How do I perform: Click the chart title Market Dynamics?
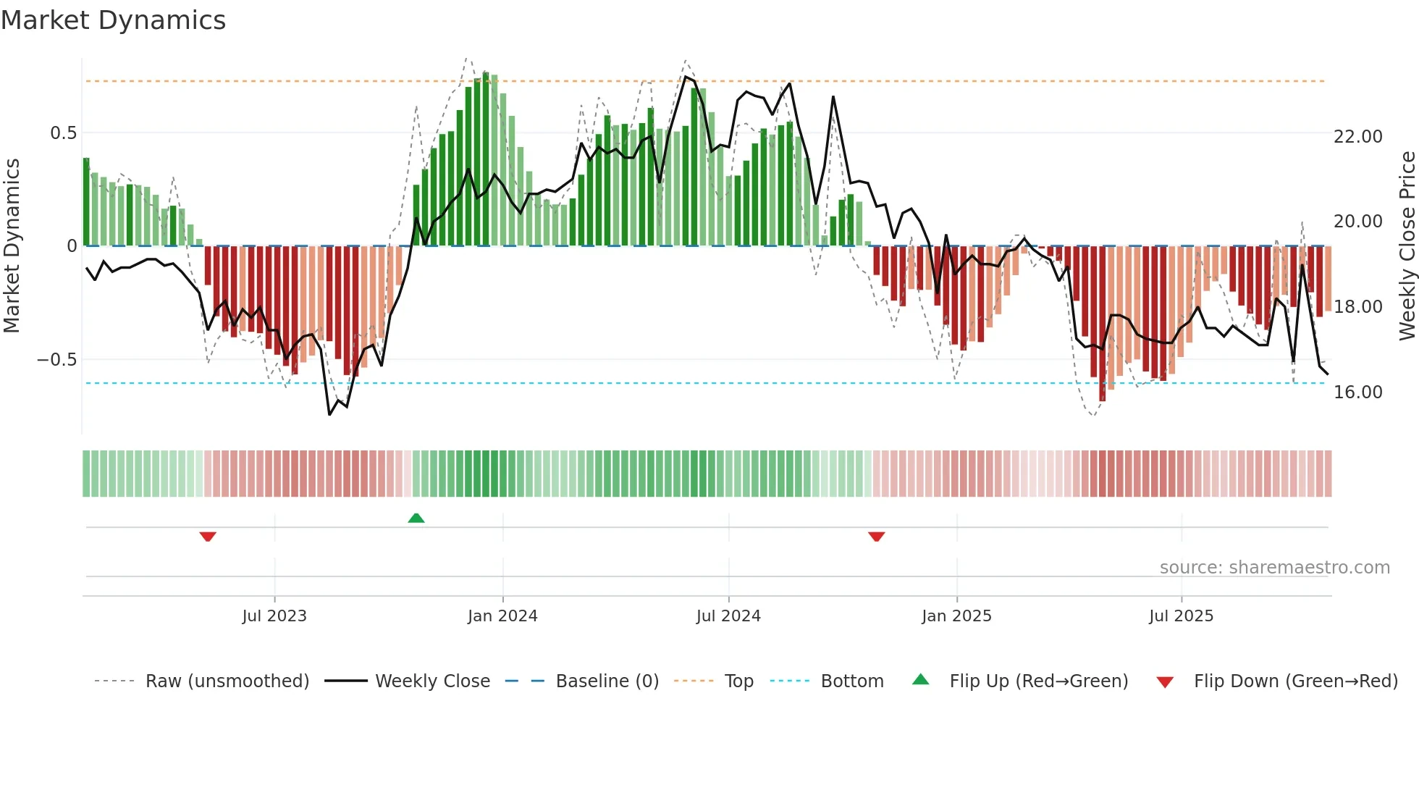[x=113, y=20]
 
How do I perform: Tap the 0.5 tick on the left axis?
[x=63, y=133]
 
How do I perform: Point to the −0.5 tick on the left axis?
[x=57, y=360]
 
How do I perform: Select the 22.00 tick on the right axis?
[x=1357, y=137]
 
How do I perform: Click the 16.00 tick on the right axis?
[x=1357, y=392]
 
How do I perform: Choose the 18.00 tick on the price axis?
[x=1357, y=307]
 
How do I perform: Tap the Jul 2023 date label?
[x=274, y=616]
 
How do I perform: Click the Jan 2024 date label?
[x=502, y=616]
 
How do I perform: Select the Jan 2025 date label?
[x=956, y=616]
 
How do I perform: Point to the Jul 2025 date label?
[x=1181, y=616]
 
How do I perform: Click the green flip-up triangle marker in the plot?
[x=416, y=518]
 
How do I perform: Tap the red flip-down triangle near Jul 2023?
[x=208, y=537]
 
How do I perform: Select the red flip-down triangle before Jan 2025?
[x=877, y=537]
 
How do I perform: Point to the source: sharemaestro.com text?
[x=1274, y=568]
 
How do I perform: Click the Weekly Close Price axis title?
[x=1407, y=246]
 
